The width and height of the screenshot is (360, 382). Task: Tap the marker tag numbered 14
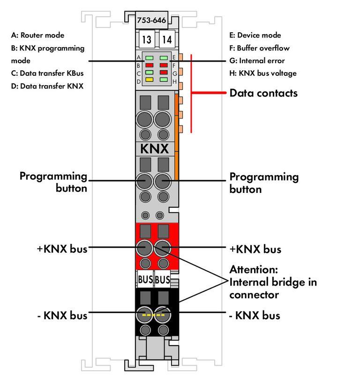click(166, 40)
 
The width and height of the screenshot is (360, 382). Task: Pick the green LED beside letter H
click(164, 80)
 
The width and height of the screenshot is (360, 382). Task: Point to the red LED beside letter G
click(164, 73)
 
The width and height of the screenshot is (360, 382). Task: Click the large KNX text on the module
click(155, 149)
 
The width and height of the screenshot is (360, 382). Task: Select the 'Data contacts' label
click(263, 93)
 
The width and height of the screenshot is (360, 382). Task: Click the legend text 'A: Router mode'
click(37, 35)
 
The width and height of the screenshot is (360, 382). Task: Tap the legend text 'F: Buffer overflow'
click(259, 48)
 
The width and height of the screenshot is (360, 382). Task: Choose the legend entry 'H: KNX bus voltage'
click(262, 73)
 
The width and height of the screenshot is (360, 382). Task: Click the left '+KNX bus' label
click(62, 249)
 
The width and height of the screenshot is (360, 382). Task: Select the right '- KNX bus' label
click(255, 316)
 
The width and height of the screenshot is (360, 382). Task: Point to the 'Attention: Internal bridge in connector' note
click(272, 282)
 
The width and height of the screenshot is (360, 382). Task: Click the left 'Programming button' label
click(53, 182)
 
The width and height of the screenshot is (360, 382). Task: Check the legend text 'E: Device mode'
click(255, 35)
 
